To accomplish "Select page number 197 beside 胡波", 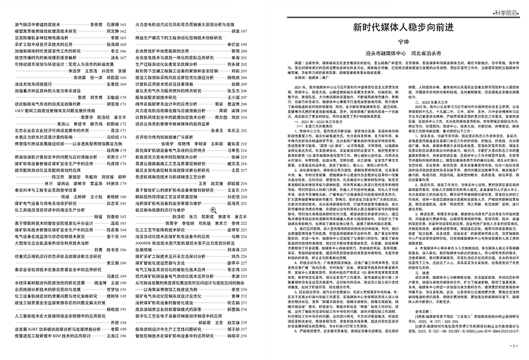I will (x=253, y=31).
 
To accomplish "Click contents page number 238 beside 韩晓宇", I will (x=252, y=349).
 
